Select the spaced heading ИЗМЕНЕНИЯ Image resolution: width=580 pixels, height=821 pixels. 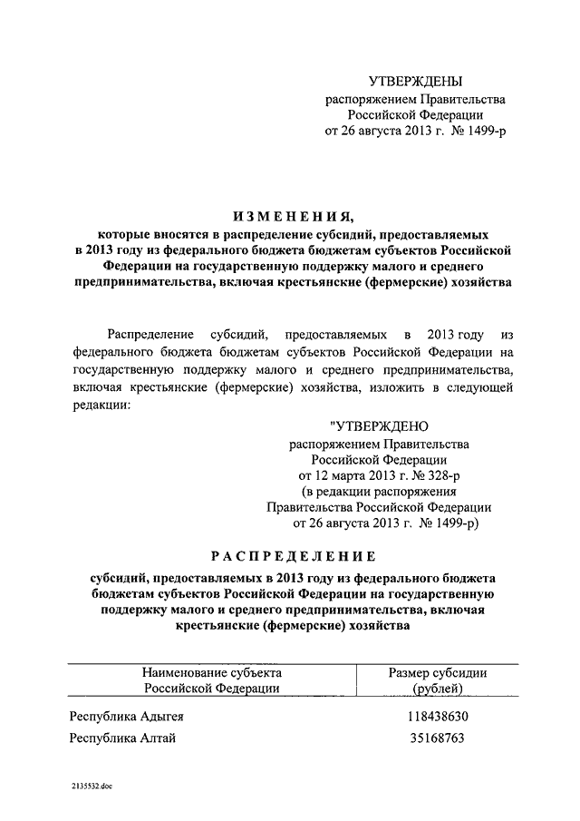289,216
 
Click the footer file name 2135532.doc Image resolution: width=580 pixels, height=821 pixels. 91,787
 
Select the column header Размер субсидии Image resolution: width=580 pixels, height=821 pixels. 438,673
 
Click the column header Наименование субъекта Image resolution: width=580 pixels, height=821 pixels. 211,673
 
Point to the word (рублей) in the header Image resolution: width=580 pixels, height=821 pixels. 438,689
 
